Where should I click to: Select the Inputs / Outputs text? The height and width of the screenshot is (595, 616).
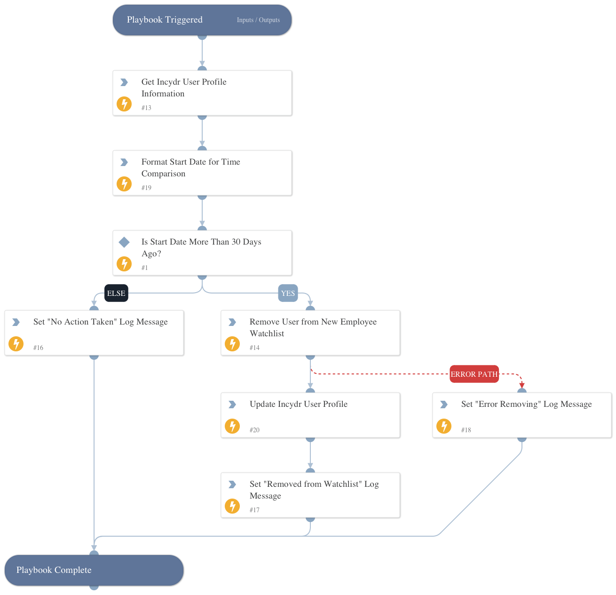click(x=258, y=20)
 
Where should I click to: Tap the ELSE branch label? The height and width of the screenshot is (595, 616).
click(x=116, y=293)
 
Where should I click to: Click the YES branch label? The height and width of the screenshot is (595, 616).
click(x=288, y=293)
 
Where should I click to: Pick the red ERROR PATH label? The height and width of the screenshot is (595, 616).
click(x=474, y=374)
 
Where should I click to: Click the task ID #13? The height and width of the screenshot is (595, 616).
click(x=146, y=108)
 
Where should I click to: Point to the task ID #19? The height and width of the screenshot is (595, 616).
click(x=146, y=188)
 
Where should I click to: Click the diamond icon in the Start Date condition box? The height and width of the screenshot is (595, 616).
click(x=124, y=242)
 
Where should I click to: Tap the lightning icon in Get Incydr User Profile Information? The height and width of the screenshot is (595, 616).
click(x=124, y=104)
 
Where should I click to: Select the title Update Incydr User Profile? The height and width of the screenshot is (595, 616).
click(x=299, y=404)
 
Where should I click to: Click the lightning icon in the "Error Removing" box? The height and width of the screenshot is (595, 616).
click(x=444, y=426)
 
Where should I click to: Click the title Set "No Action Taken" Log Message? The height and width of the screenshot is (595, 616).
click(x=101, y=322)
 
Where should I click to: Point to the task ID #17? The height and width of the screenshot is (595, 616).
click(x=254, y=510)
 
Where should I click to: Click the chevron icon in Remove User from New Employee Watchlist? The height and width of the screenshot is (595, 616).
click(x=232, y=322)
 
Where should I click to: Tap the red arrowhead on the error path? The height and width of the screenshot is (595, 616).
click(x=522, y=385)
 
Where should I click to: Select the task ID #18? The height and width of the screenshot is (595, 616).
click(x=466, y=430)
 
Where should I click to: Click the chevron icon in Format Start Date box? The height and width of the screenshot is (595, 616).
click(x=124, y=162)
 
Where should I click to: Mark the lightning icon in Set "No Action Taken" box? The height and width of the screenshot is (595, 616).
click(x=16, y=344)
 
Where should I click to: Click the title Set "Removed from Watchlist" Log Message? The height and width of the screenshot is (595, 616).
click(x=314, y=490)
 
